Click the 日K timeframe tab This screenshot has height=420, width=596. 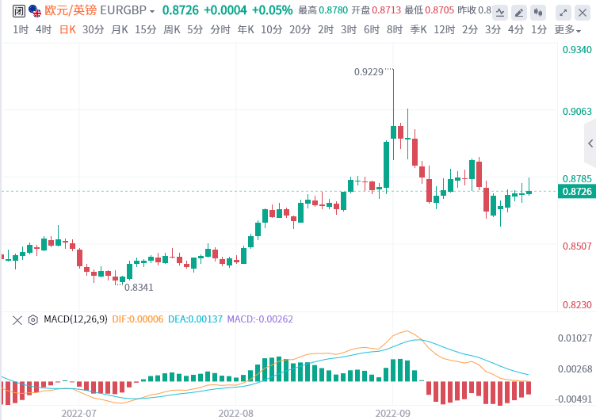68,29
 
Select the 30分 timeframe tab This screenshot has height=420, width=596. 93,29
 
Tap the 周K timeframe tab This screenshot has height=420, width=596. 172,29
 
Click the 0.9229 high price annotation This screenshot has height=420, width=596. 369,71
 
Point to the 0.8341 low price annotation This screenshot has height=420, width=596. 139,287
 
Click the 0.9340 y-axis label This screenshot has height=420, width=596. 576,50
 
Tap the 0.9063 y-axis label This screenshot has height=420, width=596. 576,111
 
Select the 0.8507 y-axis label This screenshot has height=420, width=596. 576,246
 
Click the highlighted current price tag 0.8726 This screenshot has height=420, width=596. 576,191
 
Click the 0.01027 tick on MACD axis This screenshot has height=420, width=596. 575,338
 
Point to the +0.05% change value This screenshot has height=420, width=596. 272,11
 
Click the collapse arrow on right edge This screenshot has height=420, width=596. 590,143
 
